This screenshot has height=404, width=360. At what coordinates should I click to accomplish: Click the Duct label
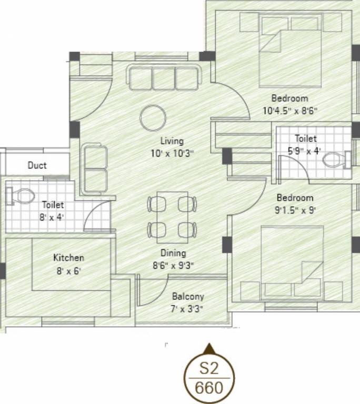tap(37, 165)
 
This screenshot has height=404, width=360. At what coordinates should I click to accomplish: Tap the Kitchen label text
tap(68, 258)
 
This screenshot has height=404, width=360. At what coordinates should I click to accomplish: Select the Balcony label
tap(188, 297)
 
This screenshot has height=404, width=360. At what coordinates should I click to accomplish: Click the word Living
tap(172, 141)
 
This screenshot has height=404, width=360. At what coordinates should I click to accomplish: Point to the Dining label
tap(173, 254)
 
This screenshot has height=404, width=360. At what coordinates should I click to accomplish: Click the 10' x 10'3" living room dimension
tap(172, 153)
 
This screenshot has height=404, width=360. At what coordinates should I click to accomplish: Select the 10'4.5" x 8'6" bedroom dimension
tap(289, 110)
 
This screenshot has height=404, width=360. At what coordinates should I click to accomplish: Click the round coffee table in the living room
tap(153, 118)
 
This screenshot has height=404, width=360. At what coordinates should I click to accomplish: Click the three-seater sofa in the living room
tap(163, 78)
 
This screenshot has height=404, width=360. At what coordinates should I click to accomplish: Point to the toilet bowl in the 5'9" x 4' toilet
tap(335, 158)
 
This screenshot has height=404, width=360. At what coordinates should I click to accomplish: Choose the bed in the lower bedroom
tap(291, 261)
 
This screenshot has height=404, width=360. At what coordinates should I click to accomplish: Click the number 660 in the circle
tap(209, 388)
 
